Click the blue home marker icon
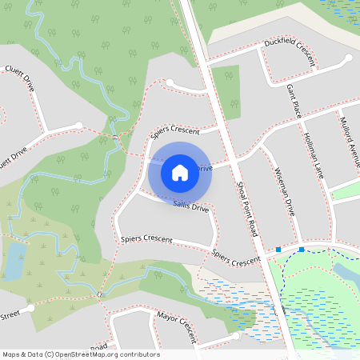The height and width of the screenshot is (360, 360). pyautogui.click(x=180, y=172)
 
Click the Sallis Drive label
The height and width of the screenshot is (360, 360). pyautogui.click(x=190, y=207)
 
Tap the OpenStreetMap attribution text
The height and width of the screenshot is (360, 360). pyautogui.click(x=81, y=354)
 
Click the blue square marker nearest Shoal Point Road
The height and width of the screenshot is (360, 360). pyautogui.click(x=278, y=250)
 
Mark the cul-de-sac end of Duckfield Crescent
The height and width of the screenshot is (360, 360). pyautogui.click(x=349, y=58)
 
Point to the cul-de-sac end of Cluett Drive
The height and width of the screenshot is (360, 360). pyautogui.click(x=78, y=125)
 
